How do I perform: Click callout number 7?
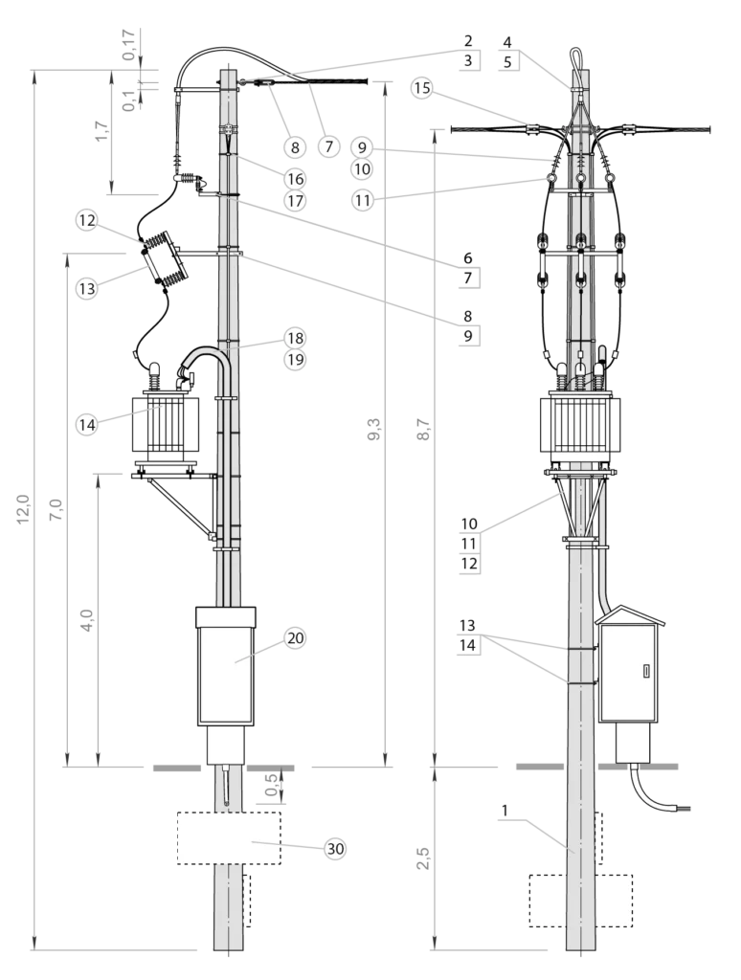328,147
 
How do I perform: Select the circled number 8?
295,147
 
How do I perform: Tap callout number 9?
361,147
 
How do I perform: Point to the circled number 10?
361,169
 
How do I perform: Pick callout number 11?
361,201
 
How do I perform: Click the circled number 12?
87,221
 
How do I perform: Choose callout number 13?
87,288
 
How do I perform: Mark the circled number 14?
87,423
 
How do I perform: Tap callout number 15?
422,88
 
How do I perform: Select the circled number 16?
295,179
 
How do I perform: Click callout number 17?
295,202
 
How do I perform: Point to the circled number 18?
295,338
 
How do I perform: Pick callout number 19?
295,360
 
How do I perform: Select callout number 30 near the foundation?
334,848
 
